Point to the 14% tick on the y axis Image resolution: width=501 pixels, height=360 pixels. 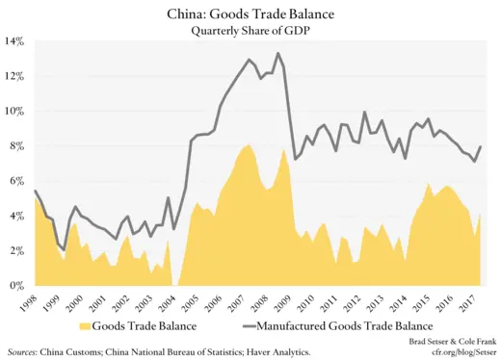click(x=16, y=41)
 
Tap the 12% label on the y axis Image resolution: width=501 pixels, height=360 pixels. click(x=16, y=76)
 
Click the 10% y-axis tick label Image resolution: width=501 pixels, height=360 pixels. click(x=16, y=111)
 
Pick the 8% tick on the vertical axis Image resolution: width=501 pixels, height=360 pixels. click(x=18, y=146)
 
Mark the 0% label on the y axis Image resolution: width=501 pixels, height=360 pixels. click(x=18, y=286)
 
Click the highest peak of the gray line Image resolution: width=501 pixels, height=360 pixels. click(x=277, y=53)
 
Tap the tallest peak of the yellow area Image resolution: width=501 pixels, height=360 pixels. click(x=249, y=144)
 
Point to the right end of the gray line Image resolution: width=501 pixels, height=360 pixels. click(x=480, y=146)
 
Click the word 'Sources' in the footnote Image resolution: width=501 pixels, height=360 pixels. click(x=26, y=352)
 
